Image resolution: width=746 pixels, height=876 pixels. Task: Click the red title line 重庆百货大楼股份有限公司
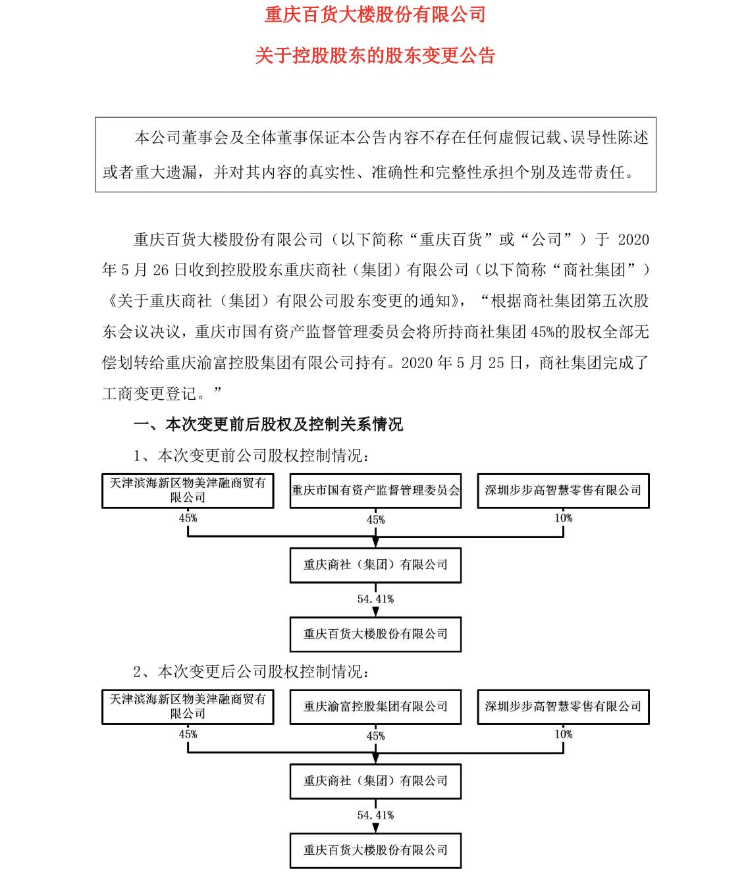[x=375, y=15]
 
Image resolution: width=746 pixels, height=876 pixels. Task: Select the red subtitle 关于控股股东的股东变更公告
[x=375, y=55]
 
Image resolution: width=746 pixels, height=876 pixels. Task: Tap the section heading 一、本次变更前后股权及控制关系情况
[x=268, y=424]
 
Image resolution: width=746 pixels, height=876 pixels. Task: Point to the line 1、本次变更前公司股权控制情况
[x=251, y=456]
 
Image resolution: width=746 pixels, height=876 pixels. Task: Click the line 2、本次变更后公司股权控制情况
[x=251, y=672]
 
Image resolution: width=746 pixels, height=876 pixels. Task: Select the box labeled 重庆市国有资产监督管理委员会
[x=375, y=490]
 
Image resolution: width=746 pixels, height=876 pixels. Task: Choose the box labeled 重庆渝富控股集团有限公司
[x=375, y=707]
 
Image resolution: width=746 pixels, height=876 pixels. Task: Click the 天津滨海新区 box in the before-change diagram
[x=188, y=490]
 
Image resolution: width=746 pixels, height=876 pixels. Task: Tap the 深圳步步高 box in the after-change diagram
[x=563, y=707]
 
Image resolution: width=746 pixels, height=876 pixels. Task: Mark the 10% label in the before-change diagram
[x=564, y=518]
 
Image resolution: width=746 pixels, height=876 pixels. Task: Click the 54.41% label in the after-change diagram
[x=375, y=815]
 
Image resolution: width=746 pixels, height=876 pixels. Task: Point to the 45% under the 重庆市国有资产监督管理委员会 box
[x=376, y=520]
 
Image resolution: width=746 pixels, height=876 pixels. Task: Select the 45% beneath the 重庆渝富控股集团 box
[x=376, y=736]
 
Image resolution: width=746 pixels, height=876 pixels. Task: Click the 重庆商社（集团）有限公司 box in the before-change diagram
[x=375, y=565]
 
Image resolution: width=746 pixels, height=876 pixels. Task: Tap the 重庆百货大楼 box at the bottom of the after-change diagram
[x=375, y=850]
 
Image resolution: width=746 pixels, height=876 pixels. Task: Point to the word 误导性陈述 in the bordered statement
[x=609, y=138]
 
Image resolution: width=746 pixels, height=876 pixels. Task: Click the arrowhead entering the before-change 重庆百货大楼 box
[x=375, y=611]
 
